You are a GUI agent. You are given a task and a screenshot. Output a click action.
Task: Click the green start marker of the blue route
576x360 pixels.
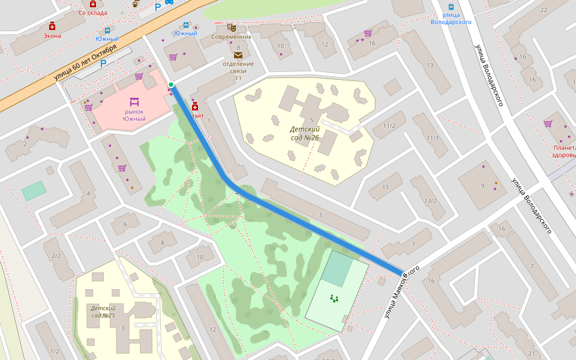coord(171,85)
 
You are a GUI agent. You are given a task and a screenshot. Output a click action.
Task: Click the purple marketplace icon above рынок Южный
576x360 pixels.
coord(134,101)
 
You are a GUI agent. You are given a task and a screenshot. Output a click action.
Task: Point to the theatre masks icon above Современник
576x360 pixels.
coord(231,27)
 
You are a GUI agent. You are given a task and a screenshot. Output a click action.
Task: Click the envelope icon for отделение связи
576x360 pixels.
coord(238,55)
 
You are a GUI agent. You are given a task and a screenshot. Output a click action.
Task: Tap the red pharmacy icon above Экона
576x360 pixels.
coord(52,26)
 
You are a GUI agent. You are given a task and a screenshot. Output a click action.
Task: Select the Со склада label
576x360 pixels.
coord(92,12)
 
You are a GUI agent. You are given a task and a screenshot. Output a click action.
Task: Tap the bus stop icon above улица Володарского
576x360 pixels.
coord(451,8)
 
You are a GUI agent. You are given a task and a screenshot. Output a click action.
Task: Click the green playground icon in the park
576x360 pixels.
coord(334,298)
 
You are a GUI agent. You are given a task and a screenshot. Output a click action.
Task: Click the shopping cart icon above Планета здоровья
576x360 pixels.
coord(547,124)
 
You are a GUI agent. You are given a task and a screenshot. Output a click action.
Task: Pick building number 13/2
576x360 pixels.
coord(430,200)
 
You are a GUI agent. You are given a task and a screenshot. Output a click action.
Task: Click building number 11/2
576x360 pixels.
coord(389,125)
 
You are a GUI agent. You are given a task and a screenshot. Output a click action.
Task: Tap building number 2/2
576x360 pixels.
coord(56,256)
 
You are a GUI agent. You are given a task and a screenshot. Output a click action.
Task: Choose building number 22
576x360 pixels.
coord(544,10)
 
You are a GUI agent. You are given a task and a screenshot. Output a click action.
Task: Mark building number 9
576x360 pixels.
coord(482,185)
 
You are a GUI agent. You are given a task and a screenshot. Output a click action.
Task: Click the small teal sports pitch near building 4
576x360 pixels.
coord(34,191)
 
